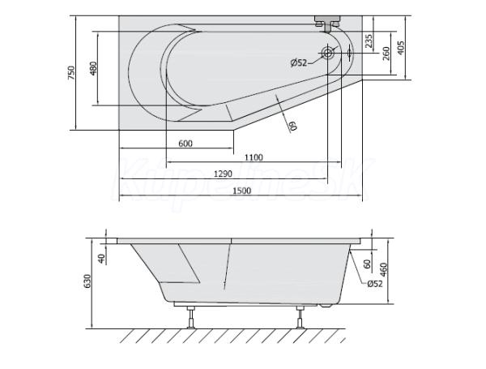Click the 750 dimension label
pos(71,73)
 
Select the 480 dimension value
pos(93,69)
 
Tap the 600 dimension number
pos(185,144)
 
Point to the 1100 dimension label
pos(254,157)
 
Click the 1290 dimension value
pos(223,174)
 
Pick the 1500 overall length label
pos(241,191)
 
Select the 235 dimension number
pos(369,41)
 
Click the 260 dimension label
pos(386,54)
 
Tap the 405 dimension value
pos(401,48)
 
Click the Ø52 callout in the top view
pos(299,63)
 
